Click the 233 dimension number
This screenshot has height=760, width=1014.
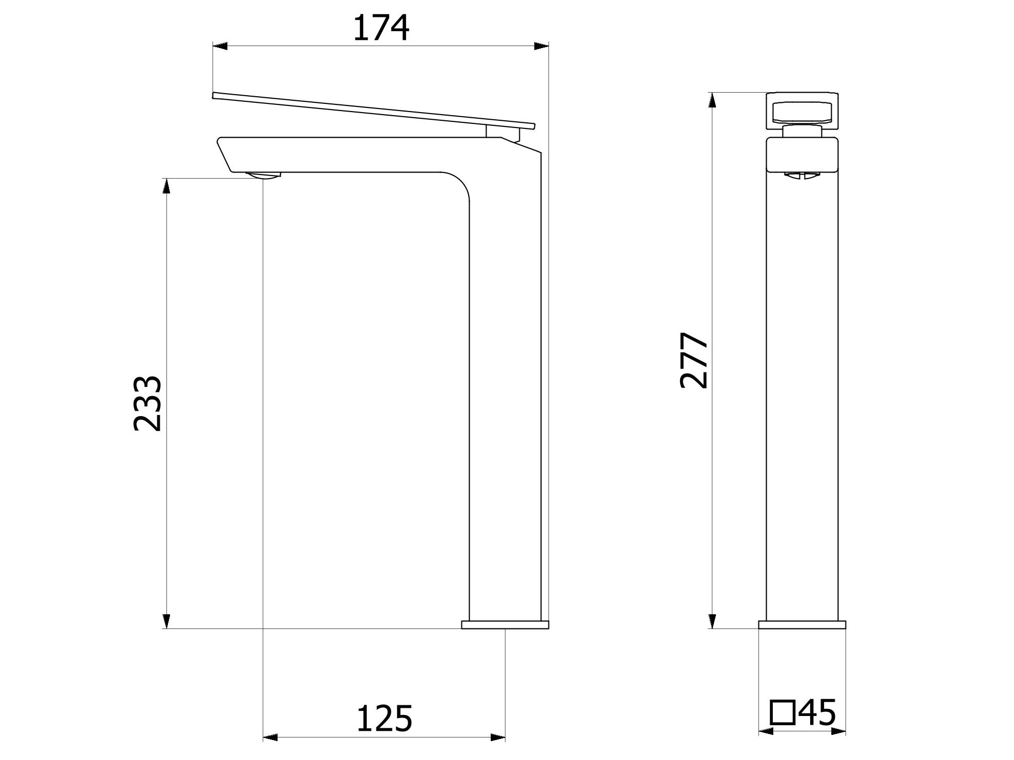(147, 404)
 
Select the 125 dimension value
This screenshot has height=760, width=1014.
(384, 719)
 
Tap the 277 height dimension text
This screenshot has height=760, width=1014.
(694, 360)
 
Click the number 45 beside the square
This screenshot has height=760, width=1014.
(817, 712)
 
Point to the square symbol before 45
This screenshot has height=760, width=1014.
(783, 713)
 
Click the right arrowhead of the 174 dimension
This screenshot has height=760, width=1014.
(541, 47)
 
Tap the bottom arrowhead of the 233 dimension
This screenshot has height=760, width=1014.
(166, 621)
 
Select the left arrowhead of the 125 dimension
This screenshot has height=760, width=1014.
(270, 737)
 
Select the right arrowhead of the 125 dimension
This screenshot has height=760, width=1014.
(498, 737)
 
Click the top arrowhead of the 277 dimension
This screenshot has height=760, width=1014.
(712, 100)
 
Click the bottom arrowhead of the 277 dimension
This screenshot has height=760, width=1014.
(712, 621)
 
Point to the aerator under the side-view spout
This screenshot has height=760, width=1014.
(263, 176)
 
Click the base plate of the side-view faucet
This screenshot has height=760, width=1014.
(505, 624)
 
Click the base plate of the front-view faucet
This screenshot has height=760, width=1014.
(802, 624)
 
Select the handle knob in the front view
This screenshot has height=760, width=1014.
(802, 111)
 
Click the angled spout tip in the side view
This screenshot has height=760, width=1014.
(225, 154)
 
